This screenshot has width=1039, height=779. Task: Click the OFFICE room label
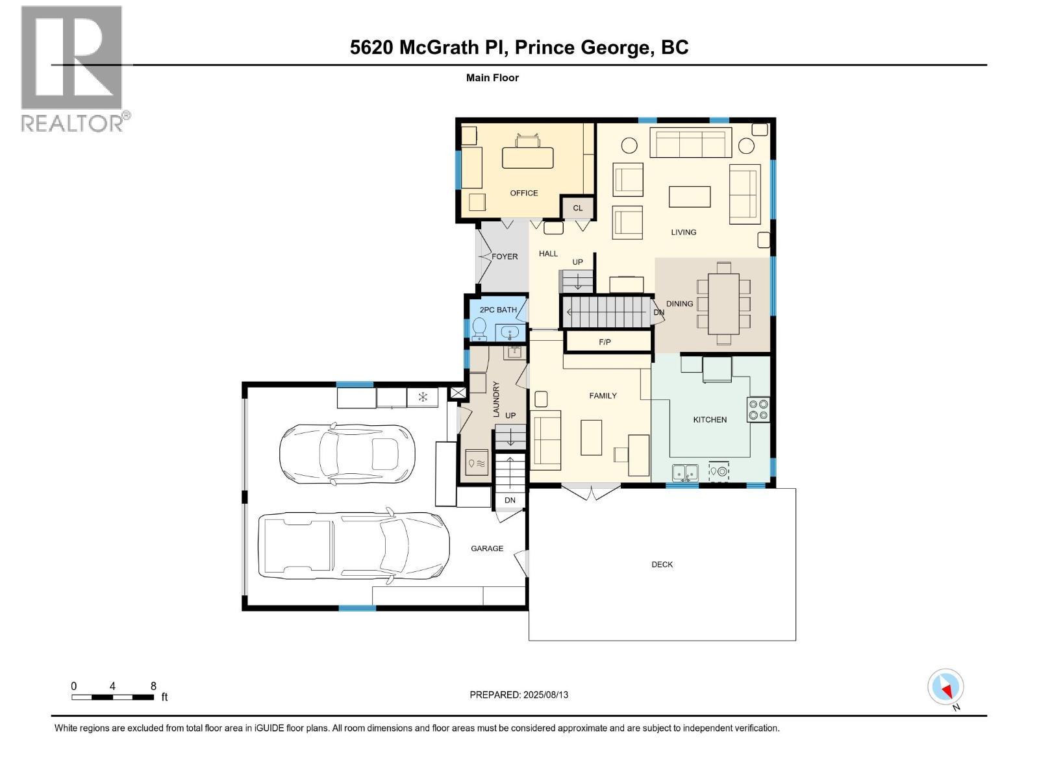point(523,193)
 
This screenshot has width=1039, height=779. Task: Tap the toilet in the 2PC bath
point(479,328)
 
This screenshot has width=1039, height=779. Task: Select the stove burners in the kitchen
point(758,409)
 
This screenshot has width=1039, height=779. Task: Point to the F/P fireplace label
point(605,342)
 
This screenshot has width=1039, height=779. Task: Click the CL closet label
point(577,208)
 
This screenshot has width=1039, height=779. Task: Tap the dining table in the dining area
point(723,304)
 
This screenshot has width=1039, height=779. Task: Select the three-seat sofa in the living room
point(691,142)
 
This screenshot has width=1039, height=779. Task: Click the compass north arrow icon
point(945,687)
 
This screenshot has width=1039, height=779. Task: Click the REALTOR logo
point(75,69)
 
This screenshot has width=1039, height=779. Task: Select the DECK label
point(662,564)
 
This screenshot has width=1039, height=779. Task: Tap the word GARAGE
point(486,548)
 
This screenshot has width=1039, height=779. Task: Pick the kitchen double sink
point(685,472)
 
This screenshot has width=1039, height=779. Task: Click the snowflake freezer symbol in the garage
point(423,397)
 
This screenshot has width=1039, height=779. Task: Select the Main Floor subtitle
point(492,77)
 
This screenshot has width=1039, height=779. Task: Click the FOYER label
point(505,256)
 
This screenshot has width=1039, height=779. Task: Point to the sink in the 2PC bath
point(510,332)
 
